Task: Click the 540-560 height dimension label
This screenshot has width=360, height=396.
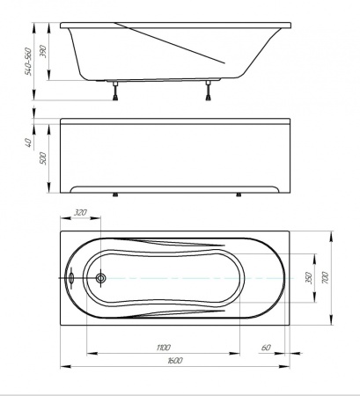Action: tap(28, 62)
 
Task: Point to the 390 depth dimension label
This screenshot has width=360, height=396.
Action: tap(43, 51)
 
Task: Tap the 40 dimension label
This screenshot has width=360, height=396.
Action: tap(28, 143)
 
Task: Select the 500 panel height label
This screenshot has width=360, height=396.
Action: tap(43, 158)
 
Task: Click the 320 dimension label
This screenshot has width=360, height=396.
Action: tap(80, 212)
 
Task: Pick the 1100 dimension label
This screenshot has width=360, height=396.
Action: tap(164, 348)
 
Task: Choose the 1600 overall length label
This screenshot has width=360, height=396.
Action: tap(175, 360)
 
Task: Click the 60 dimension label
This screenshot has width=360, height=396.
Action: tap(266, 348)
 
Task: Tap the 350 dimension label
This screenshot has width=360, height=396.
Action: tap(309, 278)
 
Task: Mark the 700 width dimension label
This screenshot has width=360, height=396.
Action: tap(326, 278)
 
